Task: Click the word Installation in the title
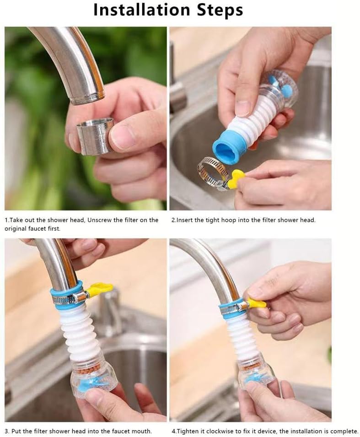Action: coord(141,10)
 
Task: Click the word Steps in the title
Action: coord(220,11)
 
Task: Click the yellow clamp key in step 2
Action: coord(236,178)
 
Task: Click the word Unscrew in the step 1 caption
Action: coord(99,220)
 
